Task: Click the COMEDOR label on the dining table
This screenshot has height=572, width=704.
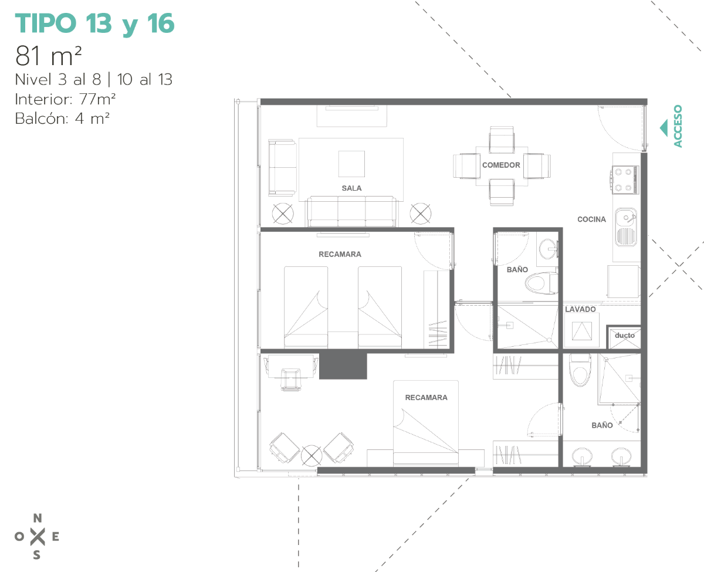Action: click(x=501, y=165)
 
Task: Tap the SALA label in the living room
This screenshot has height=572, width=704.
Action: click(x=351, y=188)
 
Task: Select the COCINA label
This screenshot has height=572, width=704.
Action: click(x=591, y=219)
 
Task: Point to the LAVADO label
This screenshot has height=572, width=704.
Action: click(x=580, y=309)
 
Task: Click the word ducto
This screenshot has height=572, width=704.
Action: click(x=624, y=335)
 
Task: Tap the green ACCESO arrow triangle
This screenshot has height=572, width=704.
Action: click(x=664, y=128)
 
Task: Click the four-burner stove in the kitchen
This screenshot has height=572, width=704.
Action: click(x=625, y=180)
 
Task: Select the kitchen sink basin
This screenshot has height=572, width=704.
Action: click(x=625, y=227)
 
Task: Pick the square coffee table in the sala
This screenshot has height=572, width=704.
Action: click(x=351, y=164)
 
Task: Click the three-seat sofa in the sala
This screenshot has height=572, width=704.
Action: click(x=351, y=211)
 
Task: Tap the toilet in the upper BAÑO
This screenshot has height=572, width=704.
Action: click(x=541, y=283)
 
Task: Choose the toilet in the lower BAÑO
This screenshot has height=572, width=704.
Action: click(x=580, y=370)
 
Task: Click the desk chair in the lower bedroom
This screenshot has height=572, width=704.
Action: click(x=291, y=380)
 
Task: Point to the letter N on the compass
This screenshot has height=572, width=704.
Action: click(x=38, y=518)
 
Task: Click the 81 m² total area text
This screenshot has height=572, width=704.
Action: click(x=48, y=56)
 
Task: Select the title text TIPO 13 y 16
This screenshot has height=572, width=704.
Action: click(x=94, y=23)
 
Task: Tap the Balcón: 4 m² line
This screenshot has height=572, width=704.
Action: click(x=62, y=119)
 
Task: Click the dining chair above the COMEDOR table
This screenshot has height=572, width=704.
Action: click(x=502, y=140)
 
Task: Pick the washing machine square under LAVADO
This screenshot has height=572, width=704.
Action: click(x=582, y=330)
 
